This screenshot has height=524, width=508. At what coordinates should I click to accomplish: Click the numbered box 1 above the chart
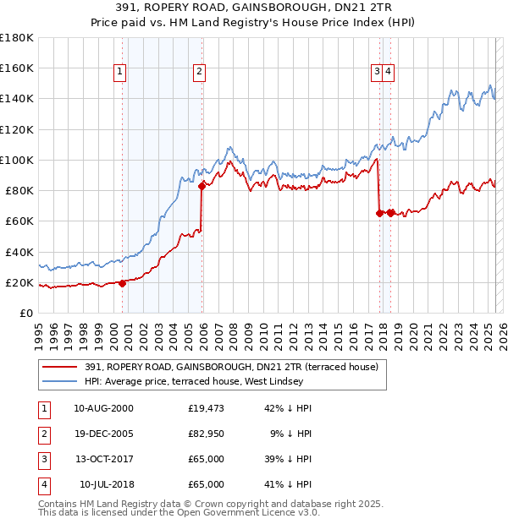point(121,73)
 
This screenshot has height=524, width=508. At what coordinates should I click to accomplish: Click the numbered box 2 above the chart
point(198,73)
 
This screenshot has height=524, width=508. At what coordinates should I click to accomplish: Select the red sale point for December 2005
point(202,188)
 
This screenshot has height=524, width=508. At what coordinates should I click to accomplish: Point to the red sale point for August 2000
point(122,284)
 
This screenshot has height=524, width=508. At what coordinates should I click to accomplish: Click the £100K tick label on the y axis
point(17,160)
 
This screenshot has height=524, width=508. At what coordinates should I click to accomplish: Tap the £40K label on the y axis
point(19,252)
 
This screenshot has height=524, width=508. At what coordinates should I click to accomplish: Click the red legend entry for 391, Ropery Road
point(236,367)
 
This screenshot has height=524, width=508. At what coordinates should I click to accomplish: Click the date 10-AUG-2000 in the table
point(103,408)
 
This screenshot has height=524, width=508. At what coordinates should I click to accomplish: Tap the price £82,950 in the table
point(207,434)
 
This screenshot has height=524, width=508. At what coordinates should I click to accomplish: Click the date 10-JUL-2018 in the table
point(106,484)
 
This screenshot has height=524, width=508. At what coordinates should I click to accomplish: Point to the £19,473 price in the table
point(207,408)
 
